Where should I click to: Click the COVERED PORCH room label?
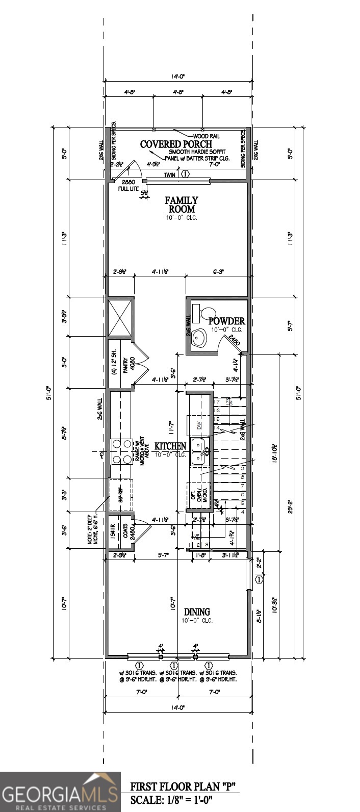pyautogui.click(x=176, y=144)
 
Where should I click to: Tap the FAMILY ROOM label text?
pyautogui.click(x=181, y=205)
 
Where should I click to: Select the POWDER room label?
pyautogui.click(x=226, y=321)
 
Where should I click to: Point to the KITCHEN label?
pyautogui.click(x=170, y=446)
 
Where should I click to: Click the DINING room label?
pyautogui.click(x=197, y=612)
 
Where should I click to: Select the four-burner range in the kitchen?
pyautogui.click(x=121, y=451)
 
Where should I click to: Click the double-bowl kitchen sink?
pyautogui.click(x=198, y=451)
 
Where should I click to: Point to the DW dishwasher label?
pyautogui.click(x=200, y=424)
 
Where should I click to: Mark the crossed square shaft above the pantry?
pyautogui.click(x=120, y=318)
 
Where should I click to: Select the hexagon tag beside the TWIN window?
pyautogui.click(x=185, y=174)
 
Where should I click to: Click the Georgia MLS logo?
pyautogui.click(x=60, y=792)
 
